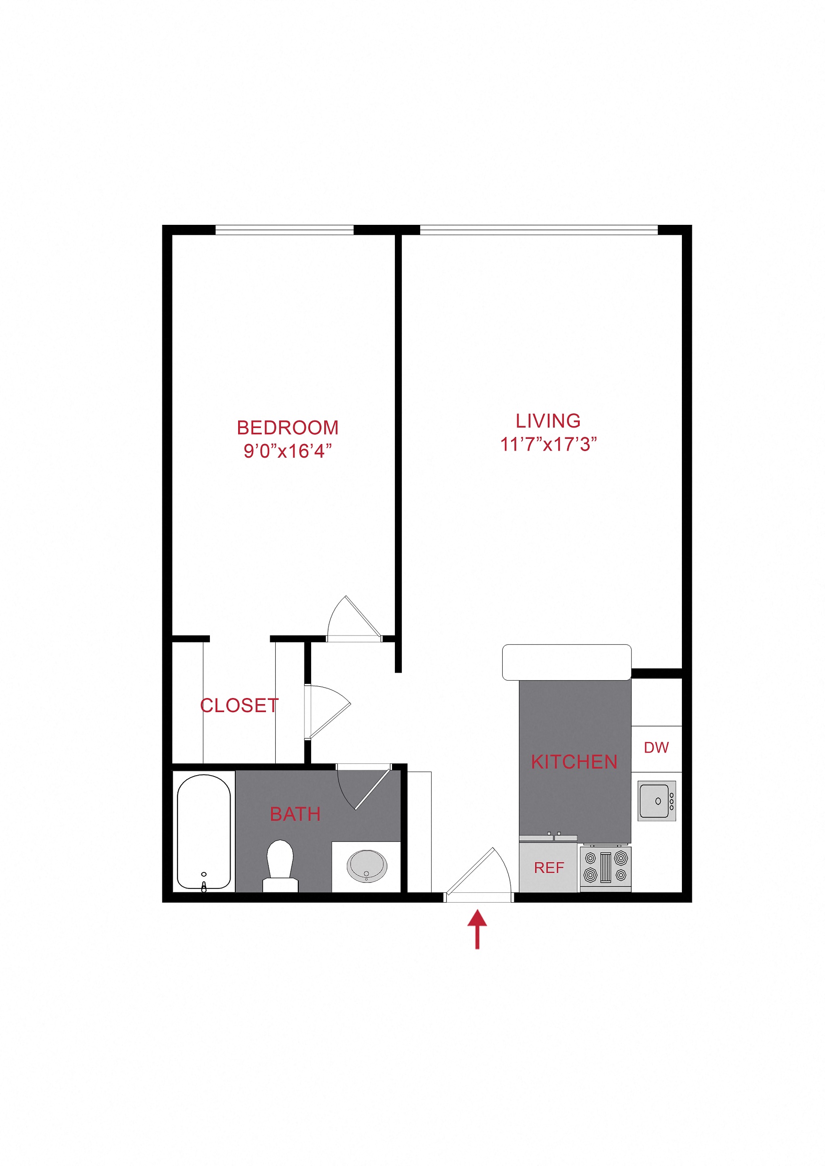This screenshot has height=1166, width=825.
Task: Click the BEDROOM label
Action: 288,428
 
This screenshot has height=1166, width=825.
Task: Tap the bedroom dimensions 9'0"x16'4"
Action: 288,451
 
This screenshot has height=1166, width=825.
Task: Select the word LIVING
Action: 548,421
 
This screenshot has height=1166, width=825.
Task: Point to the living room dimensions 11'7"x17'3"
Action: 548,444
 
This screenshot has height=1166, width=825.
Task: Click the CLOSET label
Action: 239,706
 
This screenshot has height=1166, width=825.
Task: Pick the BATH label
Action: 295,815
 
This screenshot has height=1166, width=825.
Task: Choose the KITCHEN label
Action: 574,762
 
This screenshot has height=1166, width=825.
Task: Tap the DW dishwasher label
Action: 657,747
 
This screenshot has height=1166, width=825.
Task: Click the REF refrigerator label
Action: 549,868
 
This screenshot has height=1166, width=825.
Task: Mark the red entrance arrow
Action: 477,929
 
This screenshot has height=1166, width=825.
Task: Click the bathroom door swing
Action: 362,788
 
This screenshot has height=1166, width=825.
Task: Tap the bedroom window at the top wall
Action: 284,230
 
